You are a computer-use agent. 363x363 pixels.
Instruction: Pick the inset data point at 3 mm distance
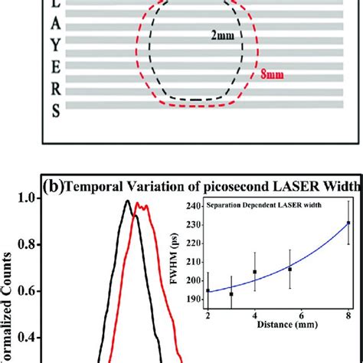(x=231, y=294)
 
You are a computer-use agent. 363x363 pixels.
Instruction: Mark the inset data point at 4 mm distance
(x=255, y=272)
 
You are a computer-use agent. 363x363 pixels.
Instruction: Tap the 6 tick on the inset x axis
(x=302, y=316)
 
